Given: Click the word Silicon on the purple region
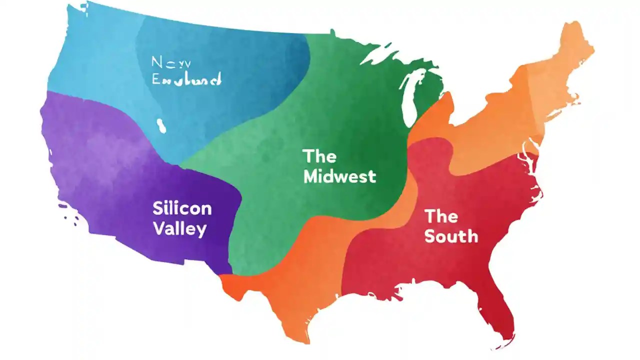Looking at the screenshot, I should point(182,208).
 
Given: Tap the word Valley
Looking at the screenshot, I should point(179,229).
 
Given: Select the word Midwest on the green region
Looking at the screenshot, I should point(339,176).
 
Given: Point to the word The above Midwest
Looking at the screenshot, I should point(319,156).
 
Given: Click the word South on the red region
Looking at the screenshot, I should point(451,236).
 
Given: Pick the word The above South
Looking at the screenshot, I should point(441,216).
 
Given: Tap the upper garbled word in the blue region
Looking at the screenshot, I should point(164,62).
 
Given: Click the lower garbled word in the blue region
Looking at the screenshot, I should point(186,79).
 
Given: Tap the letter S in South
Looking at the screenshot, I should point(429,236).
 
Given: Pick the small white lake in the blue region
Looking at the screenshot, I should point(161,125).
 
